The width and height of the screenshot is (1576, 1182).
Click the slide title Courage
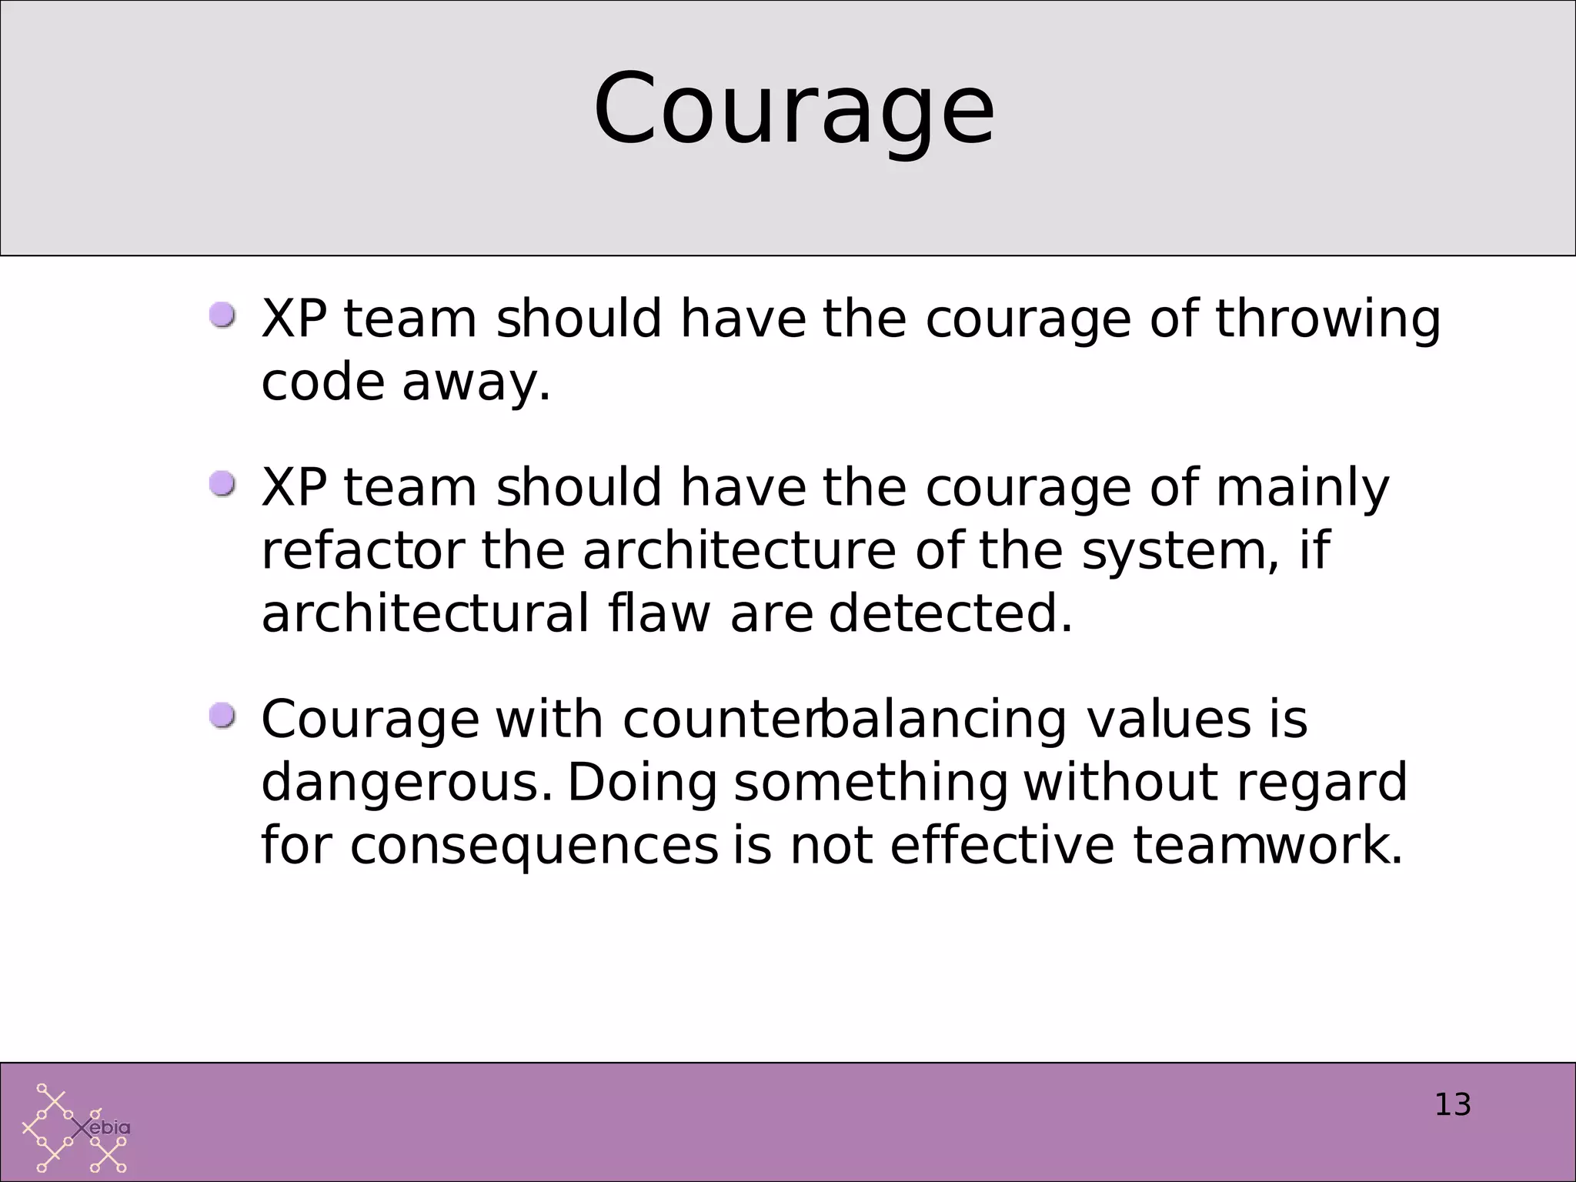793,110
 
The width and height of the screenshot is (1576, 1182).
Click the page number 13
1452,1105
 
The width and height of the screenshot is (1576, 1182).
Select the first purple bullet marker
222,316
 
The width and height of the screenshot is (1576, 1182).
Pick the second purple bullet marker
222,485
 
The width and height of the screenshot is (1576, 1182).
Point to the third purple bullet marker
222,716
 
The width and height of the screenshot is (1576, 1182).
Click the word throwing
1327,319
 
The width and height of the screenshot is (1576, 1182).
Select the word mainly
1302,489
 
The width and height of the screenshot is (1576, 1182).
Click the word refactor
363,551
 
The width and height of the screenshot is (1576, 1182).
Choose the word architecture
739,551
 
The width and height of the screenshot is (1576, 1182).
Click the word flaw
659,614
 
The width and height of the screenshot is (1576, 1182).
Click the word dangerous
406,783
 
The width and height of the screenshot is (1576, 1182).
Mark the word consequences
534,846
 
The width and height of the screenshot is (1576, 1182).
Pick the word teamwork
1267,846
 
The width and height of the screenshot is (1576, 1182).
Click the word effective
1001,846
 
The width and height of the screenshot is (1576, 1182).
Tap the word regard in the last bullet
1321,783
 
